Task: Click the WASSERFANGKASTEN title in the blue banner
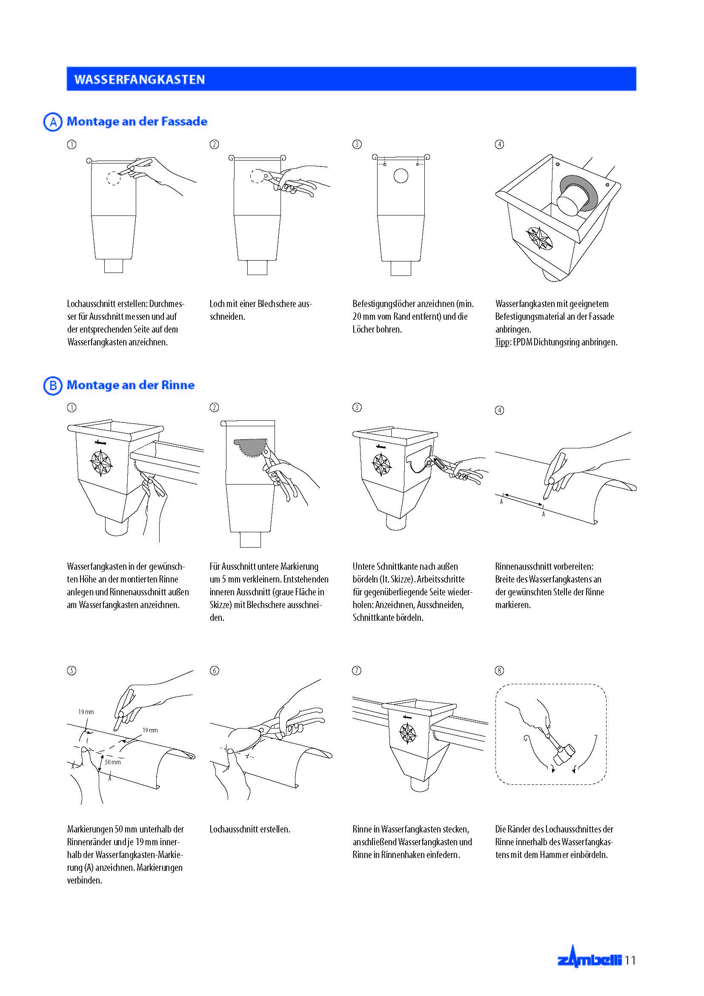(x=139, y=79)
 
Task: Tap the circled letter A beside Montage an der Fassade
(x=53, y=122)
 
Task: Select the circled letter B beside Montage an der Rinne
(x=53, y=385)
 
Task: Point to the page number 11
(x=630, y=960)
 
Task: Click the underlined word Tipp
(x=502, y=342)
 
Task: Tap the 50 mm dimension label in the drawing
(x=113, y=762)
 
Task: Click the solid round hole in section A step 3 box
(x=401, y=176)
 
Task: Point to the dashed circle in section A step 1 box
(x=114, y=178)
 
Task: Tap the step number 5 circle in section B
(x=72, y=671)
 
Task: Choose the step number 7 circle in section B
(x=357, y=671)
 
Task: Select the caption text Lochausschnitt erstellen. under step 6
(x=250, y=830)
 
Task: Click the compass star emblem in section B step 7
(x=407, y=733)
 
